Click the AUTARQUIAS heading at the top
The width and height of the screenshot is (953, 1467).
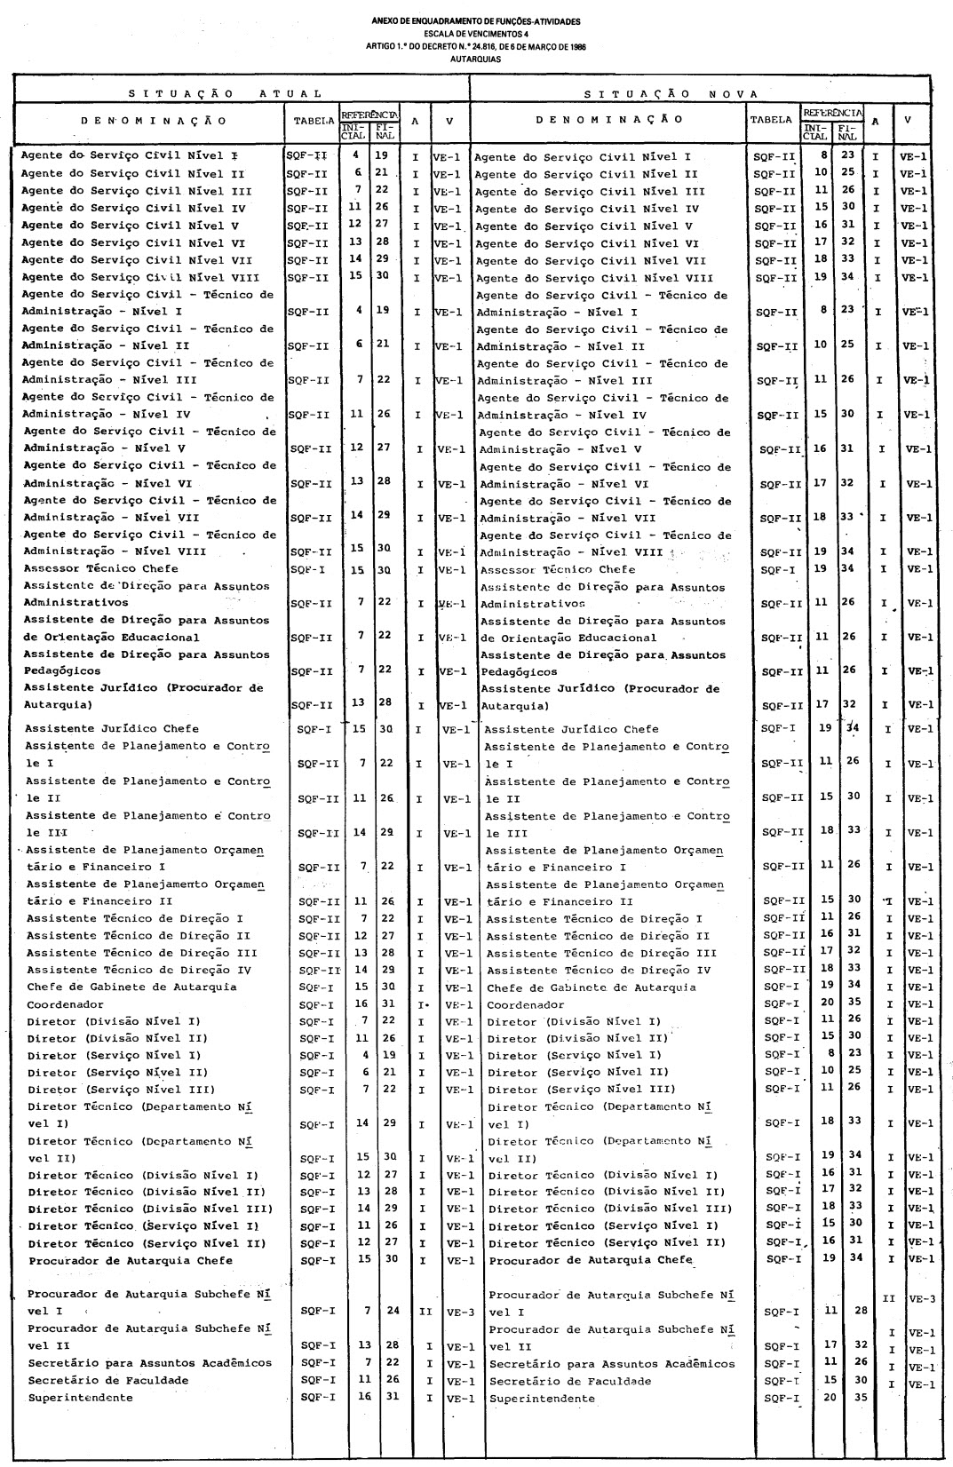(476, 59)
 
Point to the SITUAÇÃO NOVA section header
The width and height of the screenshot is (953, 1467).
(672, 93)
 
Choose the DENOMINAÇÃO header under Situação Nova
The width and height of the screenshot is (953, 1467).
(611, 119)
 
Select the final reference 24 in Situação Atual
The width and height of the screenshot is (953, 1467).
(392, 1310)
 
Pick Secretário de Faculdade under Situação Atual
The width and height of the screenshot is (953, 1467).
(108, 1380)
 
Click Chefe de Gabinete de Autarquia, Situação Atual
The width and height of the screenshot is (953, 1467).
(131, 987)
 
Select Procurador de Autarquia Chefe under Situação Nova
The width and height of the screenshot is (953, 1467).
(590, 1260)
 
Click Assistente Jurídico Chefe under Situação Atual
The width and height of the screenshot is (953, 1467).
(112, 728)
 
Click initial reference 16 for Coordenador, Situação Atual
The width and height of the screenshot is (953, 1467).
(361, 1003)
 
